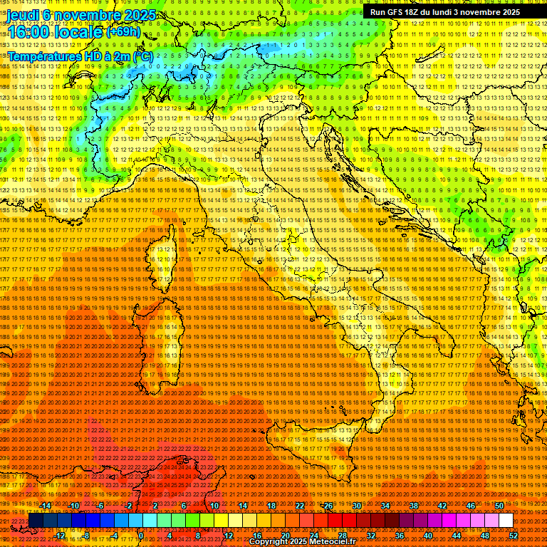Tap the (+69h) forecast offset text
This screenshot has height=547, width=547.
(x=124, y=32)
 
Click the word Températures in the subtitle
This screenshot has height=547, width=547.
(x=42, y=55)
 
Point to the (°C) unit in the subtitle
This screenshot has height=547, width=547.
(x=142, y=55)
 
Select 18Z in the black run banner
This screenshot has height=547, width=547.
(x=413, y=12)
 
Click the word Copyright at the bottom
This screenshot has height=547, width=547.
(x=268, y=542)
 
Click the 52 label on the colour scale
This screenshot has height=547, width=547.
(x=514, y=536)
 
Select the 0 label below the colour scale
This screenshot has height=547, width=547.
(x=141, y=536)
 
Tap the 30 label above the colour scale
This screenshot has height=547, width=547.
(x=356, y=506)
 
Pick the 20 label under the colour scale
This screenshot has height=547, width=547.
(x=285, y=536)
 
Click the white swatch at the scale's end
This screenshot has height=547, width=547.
(x=506, y=521)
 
